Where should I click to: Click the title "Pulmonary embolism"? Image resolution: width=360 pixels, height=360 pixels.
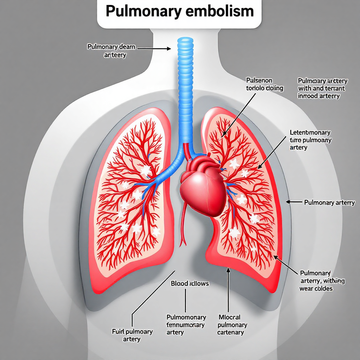pos(179,12)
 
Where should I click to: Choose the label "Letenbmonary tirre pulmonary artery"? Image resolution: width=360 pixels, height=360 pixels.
pos(310,140)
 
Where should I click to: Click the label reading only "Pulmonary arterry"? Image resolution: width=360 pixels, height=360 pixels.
pos(329,202)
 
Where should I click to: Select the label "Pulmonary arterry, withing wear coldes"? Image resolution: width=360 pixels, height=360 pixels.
pos(322,281)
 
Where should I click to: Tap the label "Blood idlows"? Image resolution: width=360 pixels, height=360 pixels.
pos(189,283)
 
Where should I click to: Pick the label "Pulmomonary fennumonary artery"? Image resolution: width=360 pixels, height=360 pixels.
pos(186,324)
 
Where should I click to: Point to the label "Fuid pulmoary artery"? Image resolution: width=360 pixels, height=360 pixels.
pos(132,335)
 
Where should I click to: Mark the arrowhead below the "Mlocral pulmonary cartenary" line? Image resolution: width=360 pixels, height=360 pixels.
pos(229,270)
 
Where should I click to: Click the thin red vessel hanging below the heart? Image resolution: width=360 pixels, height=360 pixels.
pos(183,225)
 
